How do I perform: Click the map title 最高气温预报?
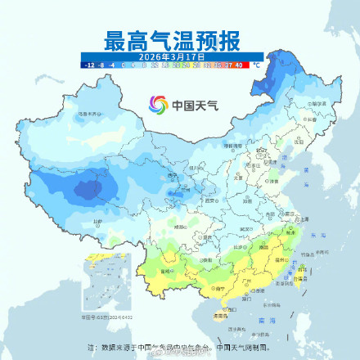[180, 38]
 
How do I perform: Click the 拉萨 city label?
[98, 221]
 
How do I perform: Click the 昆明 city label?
[175, 269]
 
